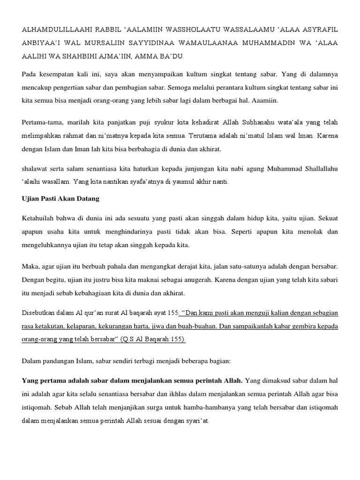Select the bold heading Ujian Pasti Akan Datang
pos(60,199)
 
